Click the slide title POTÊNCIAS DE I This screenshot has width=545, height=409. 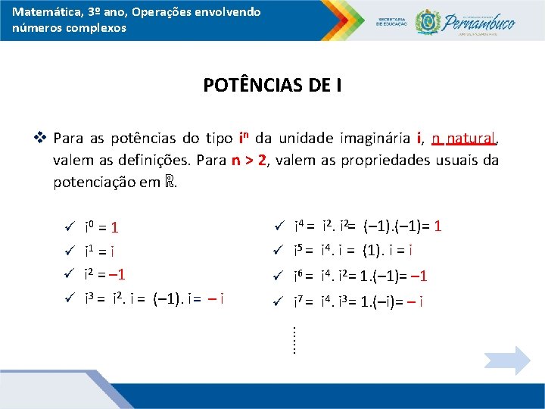pos(272,85)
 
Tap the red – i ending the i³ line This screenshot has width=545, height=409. pos(218,298)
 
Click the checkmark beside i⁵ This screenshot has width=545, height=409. pos(278,249)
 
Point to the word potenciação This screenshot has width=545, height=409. pos(95,183)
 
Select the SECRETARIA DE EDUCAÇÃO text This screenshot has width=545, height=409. pos(391,20)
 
